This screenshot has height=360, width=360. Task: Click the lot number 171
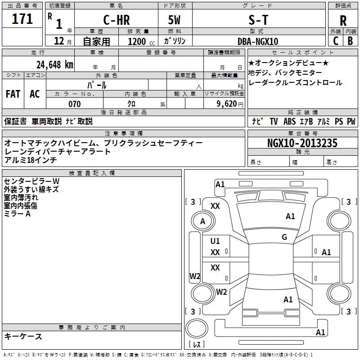click(x=22, y=19)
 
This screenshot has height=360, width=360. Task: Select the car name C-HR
click(x=116, y=20)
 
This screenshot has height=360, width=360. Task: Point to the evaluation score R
click(x=343, y=21)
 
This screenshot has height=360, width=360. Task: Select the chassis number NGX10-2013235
click(x=302, y=144)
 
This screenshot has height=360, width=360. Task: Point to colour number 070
click(x=74, y=104)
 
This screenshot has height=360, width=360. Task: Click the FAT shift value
click(x=13, y=94)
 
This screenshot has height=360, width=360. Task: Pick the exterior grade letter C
click(x=336, y=41)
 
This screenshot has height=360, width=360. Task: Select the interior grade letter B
click(x=351, y=41)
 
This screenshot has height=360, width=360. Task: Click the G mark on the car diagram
click(x=284, y=237)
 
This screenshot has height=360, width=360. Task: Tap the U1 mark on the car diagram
click(x=215, y=241)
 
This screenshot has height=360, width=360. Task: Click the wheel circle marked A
click(x=202, y=221)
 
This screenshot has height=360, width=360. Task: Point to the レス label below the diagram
click(x=197, y=345)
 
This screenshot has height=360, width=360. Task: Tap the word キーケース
click(x=23, y=337)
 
